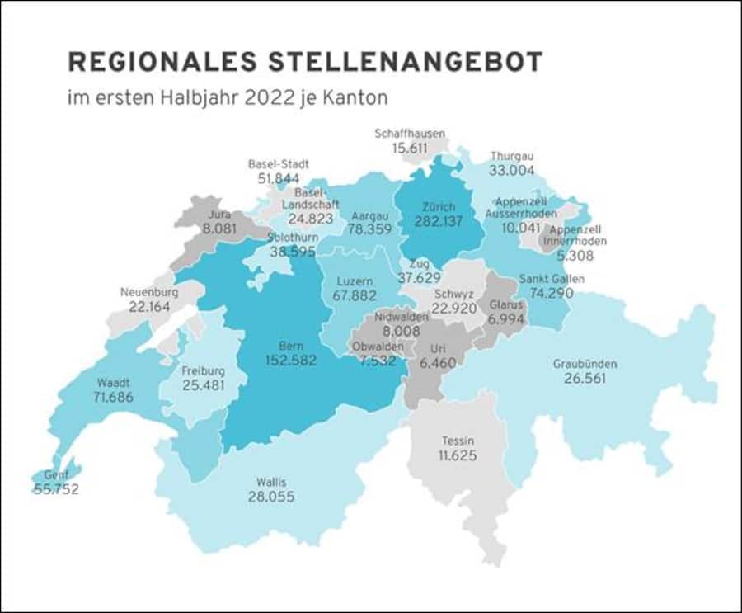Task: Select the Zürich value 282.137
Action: click(x=438, y=221)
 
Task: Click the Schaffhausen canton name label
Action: click(x=410, y=133)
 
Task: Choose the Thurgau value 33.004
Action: click(x=512, y=171)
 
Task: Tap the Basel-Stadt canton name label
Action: click(x=279, y=163)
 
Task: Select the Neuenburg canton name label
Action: click(x=149, y=292)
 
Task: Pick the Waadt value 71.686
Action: click(x=114, y=397)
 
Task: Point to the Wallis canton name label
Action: click(x=270, y=482)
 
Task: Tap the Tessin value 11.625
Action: click(x=457, y=455)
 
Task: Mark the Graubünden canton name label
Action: click(x=585, y=364)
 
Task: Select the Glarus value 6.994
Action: click(x=499, y=318)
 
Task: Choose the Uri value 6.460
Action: click(x=437, y=362)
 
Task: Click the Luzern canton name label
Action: click(x=355, y=281)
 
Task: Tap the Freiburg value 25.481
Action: click(x=203, y=385)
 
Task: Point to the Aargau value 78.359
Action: click(x=370, y=230)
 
